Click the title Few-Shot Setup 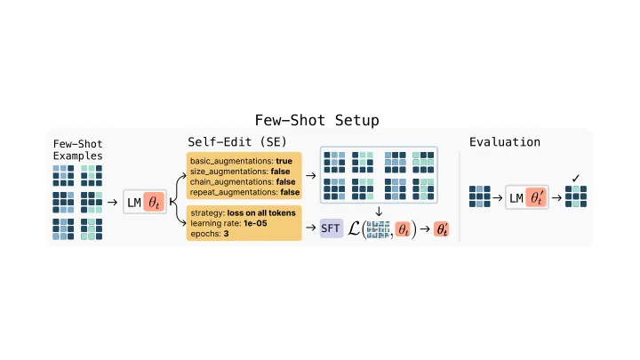[x=316, y=120]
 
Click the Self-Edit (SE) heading [x=237, y=142]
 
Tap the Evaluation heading [x=505, y=142]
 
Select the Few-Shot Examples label [x=77, y=150]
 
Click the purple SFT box [x=331, y=228]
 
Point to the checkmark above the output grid [x=575, y=178]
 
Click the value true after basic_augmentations [x=284, y=161]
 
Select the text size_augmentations [x=228, y=172]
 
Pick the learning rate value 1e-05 [x=255, y=223]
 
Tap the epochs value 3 [x=226, y=234]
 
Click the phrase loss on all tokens [x=261, y=213]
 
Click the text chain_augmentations [x=232, y=181]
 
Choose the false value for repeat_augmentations [x=290, y=192]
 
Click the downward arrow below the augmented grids [x=379, y=211]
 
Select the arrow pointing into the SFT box [x=310, y=228]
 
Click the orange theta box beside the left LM [x=154, y=202]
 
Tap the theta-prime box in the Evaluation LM [x=536, y=198]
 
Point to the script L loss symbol [x=354, y=228]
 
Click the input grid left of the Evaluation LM [x=480, y=196]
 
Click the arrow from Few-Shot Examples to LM [x=112, y=202]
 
